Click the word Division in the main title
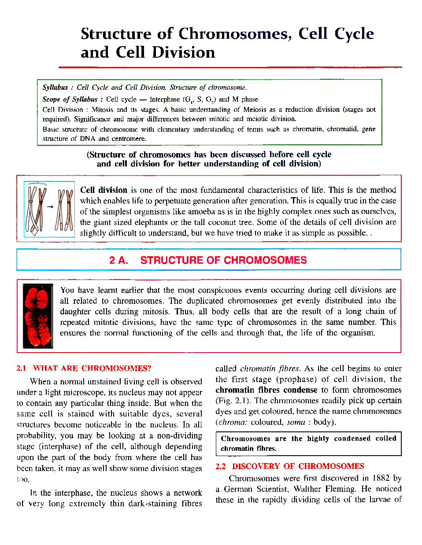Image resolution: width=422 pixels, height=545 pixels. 184,53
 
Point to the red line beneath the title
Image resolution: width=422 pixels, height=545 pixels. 230,67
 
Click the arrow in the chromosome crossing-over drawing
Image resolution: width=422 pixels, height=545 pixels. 50,206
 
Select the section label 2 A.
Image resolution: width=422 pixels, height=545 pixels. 118,260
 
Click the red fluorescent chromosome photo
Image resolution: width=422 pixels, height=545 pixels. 38,316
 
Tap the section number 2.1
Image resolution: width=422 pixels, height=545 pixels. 21,368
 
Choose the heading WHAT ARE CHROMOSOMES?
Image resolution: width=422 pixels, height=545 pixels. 92,368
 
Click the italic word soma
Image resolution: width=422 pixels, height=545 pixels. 296,422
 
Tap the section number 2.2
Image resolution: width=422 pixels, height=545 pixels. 220,466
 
